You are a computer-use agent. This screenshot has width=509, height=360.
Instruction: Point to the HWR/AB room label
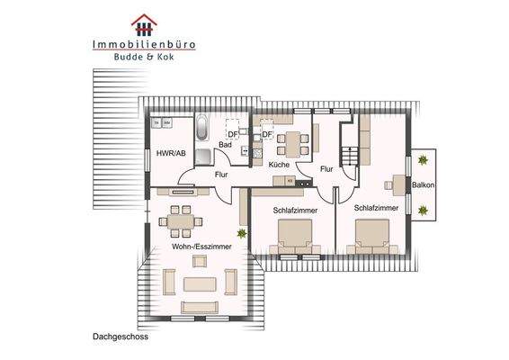click(171, 153)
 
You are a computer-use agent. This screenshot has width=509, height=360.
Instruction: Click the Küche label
click(279, 165)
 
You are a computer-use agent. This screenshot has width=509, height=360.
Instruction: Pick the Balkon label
click(424, 186)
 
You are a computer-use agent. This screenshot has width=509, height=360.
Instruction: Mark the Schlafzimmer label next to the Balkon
click(376, 208)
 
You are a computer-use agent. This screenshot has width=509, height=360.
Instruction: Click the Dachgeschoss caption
click(120, 339)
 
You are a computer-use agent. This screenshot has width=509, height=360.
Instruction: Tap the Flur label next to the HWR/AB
click(221, 175)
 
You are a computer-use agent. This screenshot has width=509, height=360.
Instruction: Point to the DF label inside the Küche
click(266, 136)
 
